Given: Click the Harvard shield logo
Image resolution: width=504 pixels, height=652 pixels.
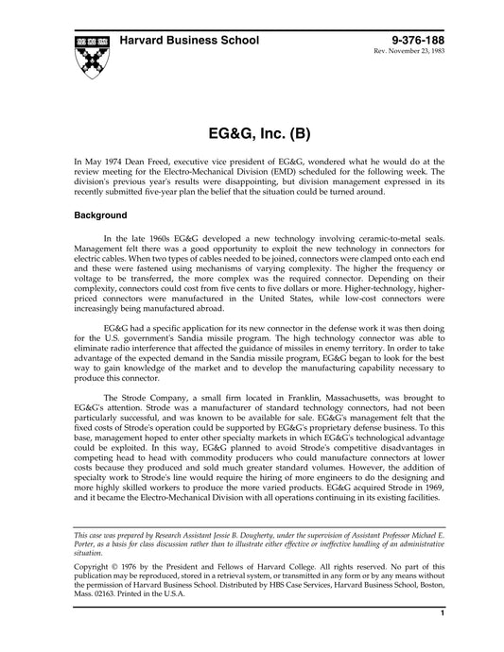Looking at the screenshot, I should (x=92, y=56).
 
